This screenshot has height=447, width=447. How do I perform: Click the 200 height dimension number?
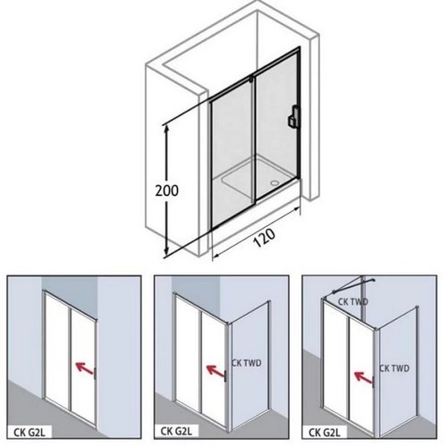(167, 190)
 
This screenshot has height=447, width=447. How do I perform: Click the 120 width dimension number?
(264, 238)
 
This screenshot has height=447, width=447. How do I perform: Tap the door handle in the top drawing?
(294, 117)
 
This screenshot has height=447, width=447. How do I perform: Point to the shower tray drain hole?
(274, 182)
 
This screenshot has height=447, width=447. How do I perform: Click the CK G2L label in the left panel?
(30, 432)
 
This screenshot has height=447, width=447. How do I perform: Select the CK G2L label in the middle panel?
(176, 431)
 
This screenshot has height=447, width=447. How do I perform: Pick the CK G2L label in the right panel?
(324, 432)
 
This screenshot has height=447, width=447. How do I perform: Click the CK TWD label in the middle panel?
(247, 363)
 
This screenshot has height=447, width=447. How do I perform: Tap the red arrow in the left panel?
(85, 367)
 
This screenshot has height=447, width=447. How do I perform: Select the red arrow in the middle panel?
(216, 371)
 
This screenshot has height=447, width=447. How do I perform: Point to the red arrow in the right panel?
(363, 376)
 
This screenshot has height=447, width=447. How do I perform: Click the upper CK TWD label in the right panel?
(353, 302)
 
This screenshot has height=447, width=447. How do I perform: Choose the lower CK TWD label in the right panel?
(394, 368)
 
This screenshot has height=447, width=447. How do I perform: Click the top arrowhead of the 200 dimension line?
(166, 129)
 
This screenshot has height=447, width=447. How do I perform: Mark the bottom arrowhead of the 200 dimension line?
(166, 252)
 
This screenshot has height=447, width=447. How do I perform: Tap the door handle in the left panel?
(95, 374)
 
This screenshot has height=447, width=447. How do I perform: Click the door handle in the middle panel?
(226, 375)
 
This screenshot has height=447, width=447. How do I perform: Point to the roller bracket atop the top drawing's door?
(252, 79)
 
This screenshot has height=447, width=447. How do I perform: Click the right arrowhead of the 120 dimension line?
(296, 208)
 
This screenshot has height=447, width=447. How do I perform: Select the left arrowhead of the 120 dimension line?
(215, 255)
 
